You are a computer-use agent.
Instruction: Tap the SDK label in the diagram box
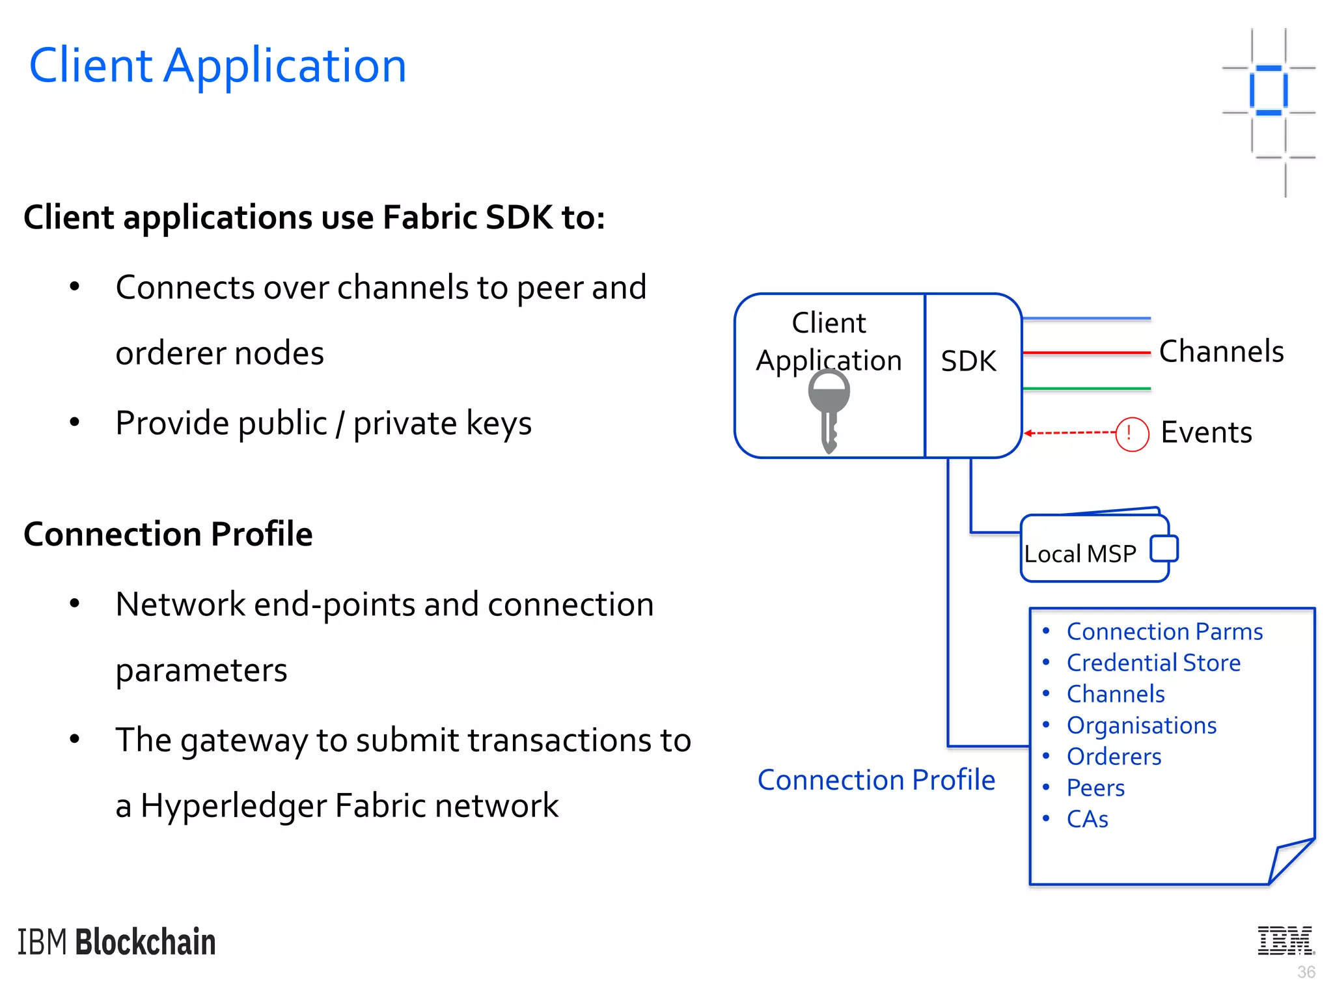[x=968, y=361]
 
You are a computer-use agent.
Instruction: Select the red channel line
[x=1086, y=353]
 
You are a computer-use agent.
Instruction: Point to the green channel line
[x=1086, y=389]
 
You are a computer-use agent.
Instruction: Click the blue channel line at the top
[x=1086, y=319]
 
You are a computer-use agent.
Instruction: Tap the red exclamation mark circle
[x=1131, y=434]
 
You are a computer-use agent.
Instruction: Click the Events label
[x=1206, y=433]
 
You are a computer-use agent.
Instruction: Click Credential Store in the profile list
[x=1153, y=663]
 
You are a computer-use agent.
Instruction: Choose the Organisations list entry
[x=1141, y=725]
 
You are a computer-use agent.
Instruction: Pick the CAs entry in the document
[x=1087, y=819]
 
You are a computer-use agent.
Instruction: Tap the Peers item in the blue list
[x=1095, y=788]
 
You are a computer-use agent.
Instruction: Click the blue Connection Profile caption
[x=876, y=780]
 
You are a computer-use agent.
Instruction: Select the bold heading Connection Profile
[x=168, y=534]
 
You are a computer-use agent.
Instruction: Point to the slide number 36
[x=1306, y=972]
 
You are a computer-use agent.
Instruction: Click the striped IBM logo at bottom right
[x=1285, y=941]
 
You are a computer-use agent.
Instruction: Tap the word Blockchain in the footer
[x=145, y=942]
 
